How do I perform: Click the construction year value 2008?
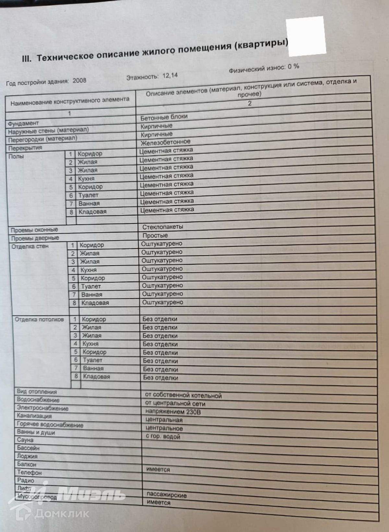click(79, 81)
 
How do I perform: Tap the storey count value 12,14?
click(170, 76)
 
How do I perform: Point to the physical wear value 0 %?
click(293, 67)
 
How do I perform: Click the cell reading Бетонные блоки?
click(164, 117)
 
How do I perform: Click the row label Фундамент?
click(23, 123)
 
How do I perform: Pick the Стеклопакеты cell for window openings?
click(162, 227)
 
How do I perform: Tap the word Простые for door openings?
click(155, 235)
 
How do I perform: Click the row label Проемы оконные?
click(34, 230)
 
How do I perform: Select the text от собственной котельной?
click(183, 395)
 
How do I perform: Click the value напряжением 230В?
click(173, 412)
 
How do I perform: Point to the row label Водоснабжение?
click(38, 400)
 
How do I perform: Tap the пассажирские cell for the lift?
click(166, 495)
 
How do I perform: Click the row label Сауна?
click(25, 440)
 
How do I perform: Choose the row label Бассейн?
click(28, 448)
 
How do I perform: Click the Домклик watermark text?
click(62, 513)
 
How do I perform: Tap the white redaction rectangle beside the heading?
click(306, 35)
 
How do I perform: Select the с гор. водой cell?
click(163, 437)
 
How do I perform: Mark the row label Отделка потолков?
click(39, 319)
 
